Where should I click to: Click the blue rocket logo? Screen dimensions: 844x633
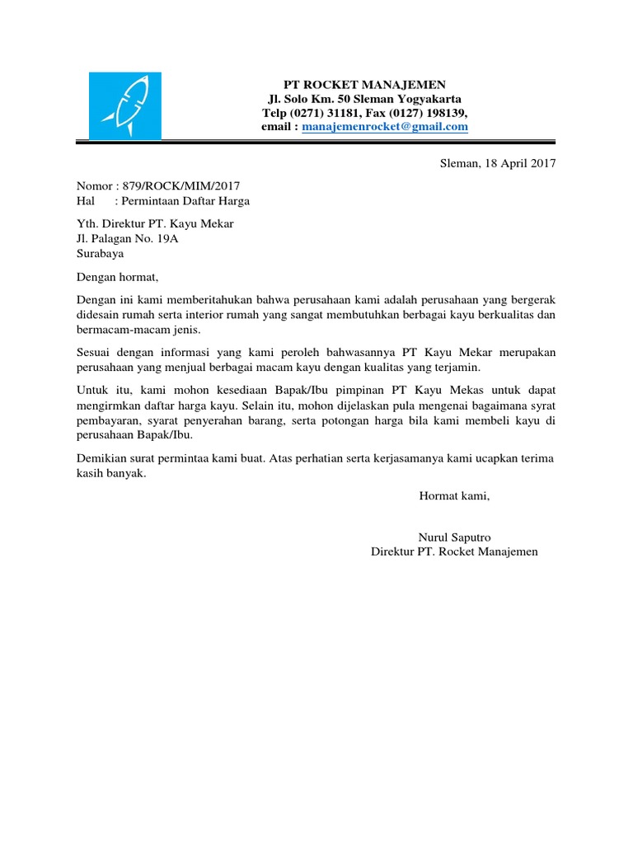point(125,106)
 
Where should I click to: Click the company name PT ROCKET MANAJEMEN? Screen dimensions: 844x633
point(364,84)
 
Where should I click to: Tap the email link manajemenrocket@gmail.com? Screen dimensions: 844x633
point(385,127)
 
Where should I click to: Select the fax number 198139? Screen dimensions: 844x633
point(447,113)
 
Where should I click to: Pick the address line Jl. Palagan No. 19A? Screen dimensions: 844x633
point(127,239)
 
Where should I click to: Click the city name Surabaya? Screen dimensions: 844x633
point(100,254)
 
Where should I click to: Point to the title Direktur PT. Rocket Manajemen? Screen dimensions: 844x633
point(454,551)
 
